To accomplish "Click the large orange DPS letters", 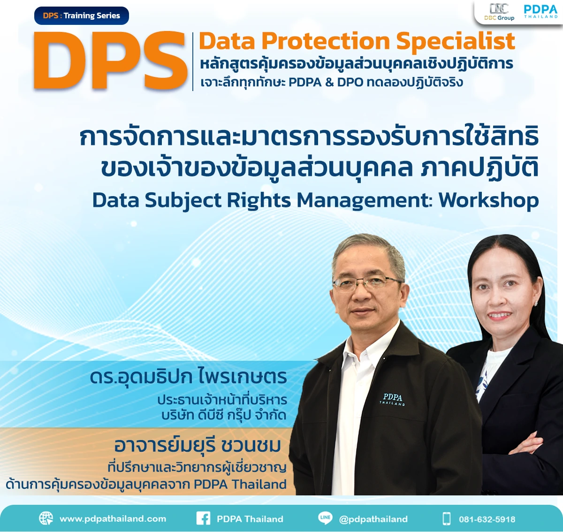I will tap(111, 61).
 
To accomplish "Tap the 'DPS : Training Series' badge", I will tap(82, 15).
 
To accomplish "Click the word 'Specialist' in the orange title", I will tap(456, 41).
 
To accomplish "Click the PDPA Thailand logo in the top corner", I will tap(540, 11).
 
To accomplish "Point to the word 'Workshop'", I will tap(488, 200).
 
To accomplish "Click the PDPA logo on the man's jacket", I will tap(392, 399).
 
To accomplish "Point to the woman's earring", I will tap(535, 303).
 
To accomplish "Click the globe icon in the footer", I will tap(46, 518).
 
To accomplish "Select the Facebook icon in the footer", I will tap(203, 518).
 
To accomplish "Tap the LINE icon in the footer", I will tap(325, 518).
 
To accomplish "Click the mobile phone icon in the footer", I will tap(446, 518).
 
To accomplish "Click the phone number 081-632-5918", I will tap(487, 519).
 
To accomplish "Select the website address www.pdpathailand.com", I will tap(113, 519).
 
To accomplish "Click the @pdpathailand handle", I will tap(373, 519).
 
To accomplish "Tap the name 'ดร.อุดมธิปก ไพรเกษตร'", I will tap(188, 377).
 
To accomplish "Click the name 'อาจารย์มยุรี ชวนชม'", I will tap(198, 445).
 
